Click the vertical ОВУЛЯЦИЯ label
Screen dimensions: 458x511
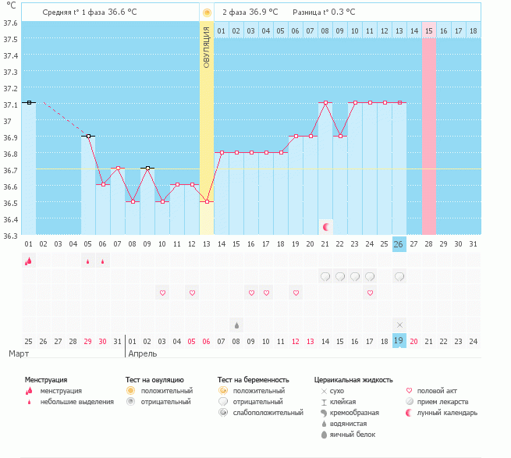[207, 46]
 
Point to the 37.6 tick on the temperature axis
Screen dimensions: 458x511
[11, 23]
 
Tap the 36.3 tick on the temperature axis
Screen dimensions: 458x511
[11, 236]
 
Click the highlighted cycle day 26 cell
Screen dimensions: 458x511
[399, 244]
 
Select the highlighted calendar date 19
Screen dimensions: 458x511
[399, 340]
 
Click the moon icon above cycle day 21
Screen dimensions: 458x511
[326, 226]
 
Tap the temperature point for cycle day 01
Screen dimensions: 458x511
[29, 102]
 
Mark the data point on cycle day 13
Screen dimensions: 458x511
[207, 201]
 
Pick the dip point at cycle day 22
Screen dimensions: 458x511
[340, 136]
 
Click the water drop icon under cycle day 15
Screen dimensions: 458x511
[236, 324]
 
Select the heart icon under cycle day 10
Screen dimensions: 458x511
[162, 293]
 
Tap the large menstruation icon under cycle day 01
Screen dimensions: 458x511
[28, 261]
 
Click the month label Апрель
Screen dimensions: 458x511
[143, 353]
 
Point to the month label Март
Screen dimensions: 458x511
[19, 353]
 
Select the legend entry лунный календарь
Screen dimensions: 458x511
[447, 412]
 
